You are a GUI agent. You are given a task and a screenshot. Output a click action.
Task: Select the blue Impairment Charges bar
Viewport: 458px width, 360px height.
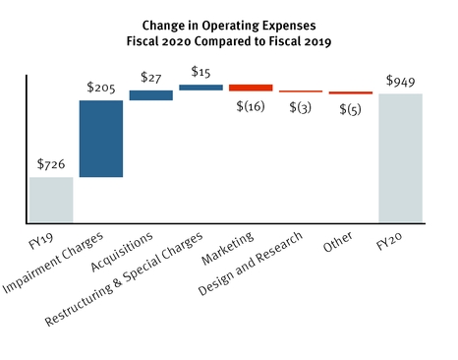click(101, 139)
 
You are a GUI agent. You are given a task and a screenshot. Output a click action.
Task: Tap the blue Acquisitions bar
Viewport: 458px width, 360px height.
click(151, 95)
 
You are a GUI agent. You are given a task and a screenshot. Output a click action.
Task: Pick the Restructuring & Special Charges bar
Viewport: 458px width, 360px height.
click(201, 88)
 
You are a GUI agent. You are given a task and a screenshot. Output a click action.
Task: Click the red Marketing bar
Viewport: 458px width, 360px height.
click(251, 88)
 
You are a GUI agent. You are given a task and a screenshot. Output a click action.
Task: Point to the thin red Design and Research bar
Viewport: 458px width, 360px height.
click(301, 91)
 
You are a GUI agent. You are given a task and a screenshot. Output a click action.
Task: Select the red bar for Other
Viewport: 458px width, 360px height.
click(351, 92)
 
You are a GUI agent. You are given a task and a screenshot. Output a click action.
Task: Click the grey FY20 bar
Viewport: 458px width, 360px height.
click(401, 158)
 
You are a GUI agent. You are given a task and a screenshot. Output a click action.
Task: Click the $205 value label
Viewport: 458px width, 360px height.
click(101, 87)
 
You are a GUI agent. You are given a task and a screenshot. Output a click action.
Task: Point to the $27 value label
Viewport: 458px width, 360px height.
click(151, 77)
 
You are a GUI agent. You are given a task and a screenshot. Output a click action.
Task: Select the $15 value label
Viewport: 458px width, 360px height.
click(201, 72)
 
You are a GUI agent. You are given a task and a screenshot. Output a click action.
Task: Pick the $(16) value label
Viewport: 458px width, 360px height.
click(251, 106)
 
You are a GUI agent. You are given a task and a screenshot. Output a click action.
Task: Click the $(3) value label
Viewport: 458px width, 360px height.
click(301, 107)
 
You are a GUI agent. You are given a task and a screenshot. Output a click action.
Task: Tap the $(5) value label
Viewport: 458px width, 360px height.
click(351, 108)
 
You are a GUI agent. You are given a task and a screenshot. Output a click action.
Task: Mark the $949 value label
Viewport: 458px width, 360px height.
click(401, 80)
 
